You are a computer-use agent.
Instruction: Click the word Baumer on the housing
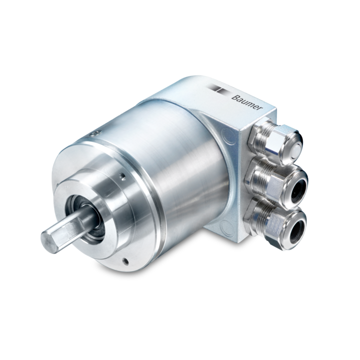pyautogui.click(x=247, y=103)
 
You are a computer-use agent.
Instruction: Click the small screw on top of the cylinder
pyautogui.click(x=95, y=133)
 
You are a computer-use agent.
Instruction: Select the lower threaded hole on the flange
pyautogui.click(x=125, y=261)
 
